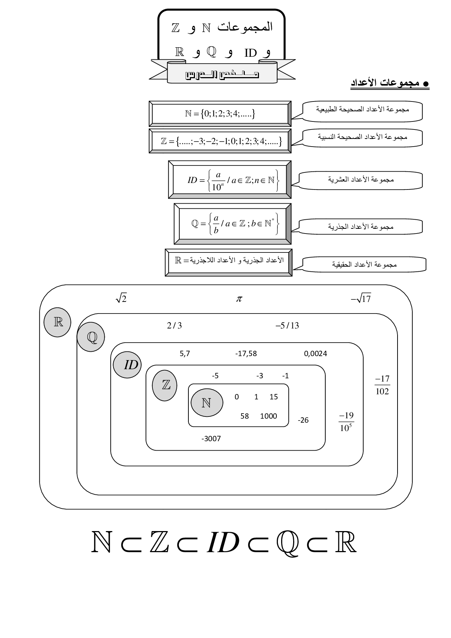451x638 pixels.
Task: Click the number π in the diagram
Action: pos(239,299)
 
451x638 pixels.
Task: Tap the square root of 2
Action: pos(121,299)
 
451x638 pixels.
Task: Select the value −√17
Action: pos(361,299)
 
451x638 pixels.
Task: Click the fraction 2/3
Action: pos(174,326)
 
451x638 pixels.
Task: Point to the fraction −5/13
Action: pos(287,326)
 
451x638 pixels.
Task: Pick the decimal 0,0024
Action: pos(315,354)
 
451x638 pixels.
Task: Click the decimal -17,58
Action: pos(246,354)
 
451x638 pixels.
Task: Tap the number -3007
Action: pos(211,439)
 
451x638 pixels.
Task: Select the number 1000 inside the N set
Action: pos(268,416)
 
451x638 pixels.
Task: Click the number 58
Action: pos(244,416)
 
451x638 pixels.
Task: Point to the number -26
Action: pos(303,420)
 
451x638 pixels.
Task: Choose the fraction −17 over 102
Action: pos(382,385)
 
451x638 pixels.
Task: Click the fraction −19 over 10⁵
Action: pos(346,422)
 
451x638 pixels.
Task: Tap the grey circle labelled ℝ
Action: pos(57,322)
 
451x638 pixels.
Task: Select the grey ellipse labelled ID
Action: pos(127,364)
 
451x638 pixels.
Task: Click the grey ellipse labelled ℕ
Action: pos(207,403)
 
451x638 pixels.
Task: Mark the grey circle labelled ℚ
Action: pos(91,337)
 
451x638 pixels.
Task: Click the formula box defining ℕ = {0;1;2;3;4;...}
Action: pos(220,114)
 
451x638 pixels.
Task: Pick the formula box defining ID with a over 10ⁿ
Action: pos(230,180)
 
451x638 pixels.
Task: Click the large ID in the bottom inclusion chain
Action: pos(223,543)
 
